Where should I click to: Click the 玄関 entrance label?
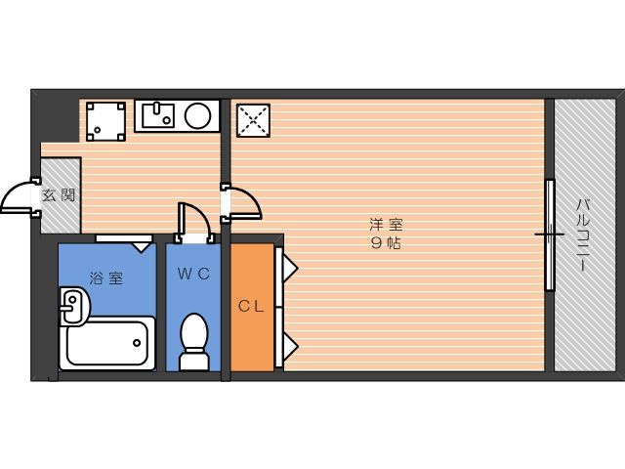click(x=59, y=195)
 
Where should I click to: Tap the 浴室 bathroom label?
click(x=106, y=277)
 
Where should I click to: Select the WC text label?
click(x=193, y=274)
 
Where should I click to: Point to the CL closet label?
click(x=251, y=306)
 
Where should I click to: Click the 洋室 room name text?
click(x=386, y=226)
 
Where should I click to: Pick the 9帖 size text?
click(x=386, y=243)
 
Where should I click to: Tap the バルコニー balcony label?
click(x=582, y=235)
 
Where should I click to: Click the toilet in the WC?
click(x=194, y=342)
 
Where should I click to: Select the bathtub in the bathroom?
click(x=107, y=343)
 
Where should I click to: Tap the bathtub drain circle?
click(x=137, y=343)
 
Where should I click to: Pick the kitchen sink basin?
click(x=158, y=115)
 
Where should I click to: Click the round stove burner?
click(x=197, y=115)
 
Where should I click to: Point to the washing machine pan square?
click(x=106, y=121)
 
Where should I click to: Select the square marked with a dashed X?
click(x=254, y=120)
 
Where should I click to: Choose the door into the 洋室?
click(x=242, y=201)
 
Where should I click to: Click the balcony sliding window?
click(x=550, y=234)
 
